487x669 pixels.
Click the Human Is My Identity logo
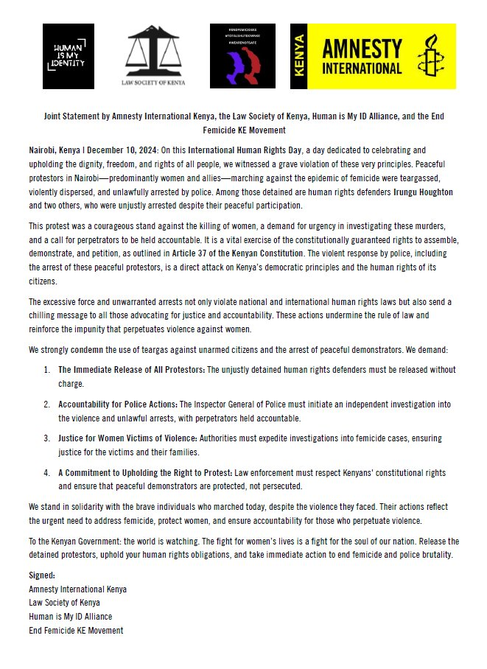tap(69, 57)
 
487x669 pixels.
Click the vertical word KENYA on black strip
tap(298, 57)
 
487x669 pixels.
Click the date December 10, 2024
tap(108, 150)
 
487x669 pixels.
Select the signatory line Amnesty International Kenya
tap(78, 589)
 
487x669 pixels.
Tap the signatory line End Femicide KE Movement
tap(76, 631)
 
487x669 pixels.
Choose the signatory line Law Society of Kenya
tap(66, 603)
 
